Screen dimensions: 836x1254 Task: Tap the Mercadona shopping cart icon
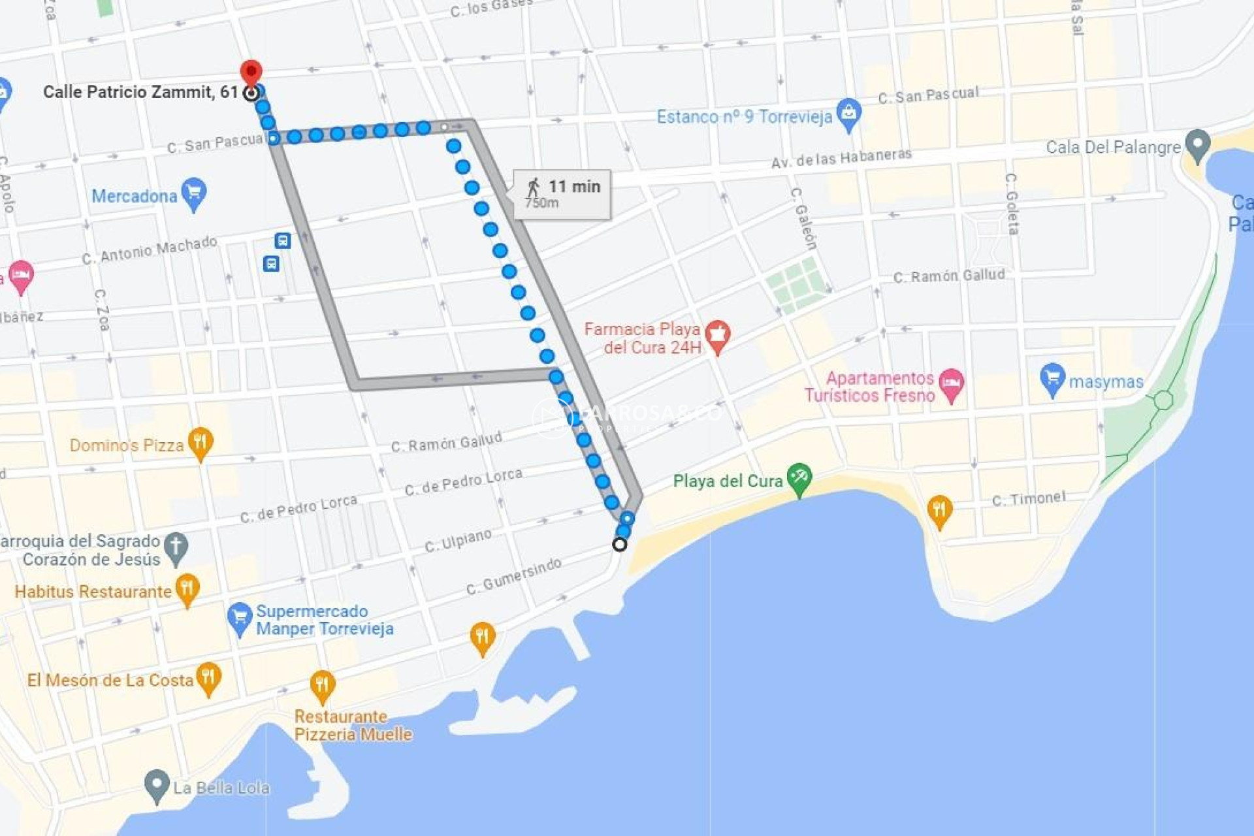click(x=194, y=193)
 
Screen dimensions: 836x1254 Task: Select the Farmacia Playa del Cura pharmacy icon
click(x=718, y=335)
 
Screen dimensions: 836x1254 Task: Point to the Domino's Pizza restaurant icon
click(x=201, y=443)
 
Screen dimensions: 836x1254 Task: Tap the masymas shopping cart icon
click(x=1052, y=378)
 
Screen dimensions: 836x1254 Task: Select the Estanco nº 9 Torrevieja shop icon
click(x=848, y=114)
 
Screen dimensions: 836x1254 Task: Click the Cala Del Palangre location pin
click(x=1197, y=144)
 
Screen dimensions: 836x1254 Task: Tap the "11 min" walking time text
click(x=574, y=187)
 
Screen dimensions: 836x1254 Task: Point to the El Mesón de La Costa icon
click(x=208, y=677)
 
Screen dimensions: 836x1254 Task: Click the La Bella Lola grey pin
click(x=157, y=784)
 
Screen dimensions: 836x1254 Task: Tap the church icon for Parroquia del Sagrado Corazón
click(x=176, y=547)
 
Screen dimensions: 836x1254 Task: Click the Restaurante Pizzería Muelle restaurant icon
click(x=322, y=685)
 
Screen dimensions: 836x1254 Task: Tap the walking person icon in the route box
click(x=534, y=187)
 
